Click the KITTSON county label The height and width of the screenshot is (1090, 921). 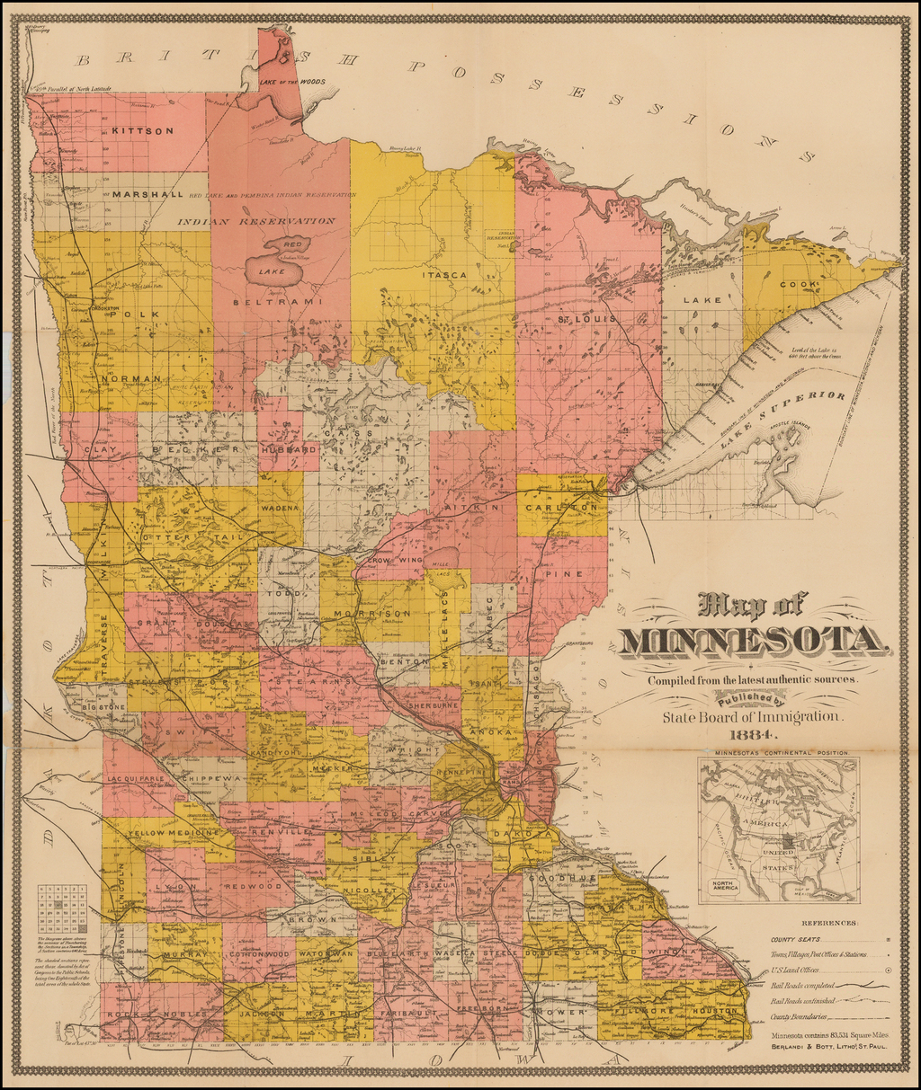click(142, 131)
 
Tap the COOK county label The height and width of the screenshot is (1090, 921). click(800, 285)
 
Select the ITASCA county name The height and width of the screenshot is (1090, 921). click(445, 275)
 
